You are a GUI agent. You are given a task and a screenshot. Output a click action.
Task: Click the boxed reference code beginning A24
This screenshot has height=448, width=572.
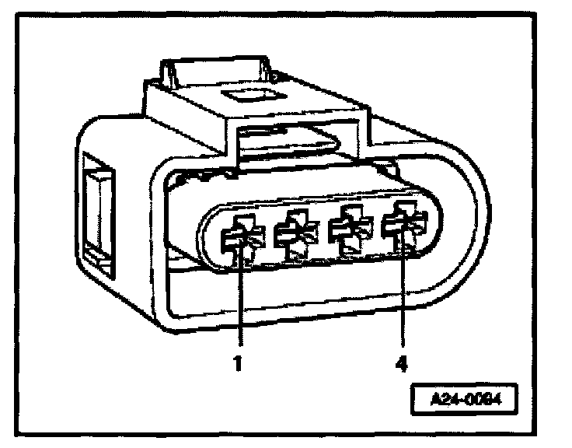[464, 402]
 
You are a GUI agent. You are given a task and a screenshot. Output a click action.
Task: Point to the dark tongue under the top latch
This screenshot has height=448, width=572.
[288, 143]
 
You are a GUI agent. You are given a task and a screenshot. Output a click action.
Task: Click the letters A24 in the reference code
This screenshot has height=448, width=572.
[448, 402]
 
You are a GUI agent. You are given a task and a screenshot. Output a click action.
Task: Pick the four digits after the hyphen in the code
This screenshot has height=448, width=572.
[479, 402]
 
